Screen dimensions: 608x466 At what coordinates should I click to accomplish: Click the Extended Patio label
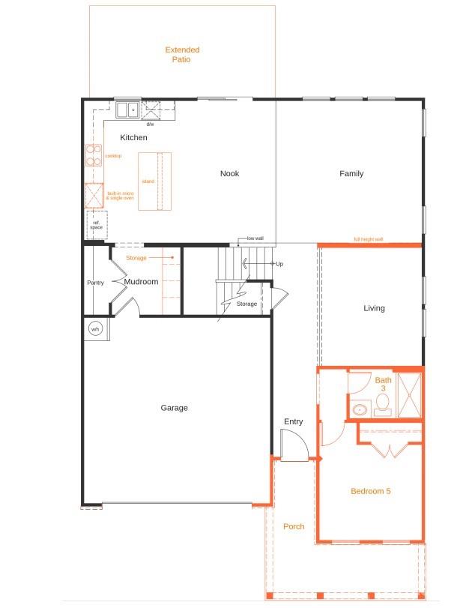pos(182,55)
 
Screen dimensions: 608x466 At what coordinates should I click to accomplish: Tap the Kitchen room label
pos(133,138)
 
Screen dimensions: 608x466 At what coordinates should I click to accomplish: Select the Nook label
pos(229,174)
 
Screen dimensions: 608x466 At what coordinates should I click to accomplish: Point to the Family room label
pos(351,174)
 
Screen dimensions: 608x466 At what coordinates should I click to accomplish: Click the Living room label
pos(374,308)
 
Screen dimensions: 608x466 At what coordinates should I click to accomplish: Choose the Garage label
pos(174,408)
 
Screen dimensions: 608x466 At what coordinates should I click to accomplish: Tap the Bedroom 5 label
pos(371,492)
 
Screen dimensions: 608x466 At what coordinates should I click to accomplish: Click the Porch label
pos(294,526)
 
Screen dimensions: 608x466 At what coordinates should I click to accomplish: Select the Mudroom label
pos(141,283)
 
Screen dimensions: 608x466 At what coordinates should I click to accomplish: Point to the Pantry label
pos(95,283)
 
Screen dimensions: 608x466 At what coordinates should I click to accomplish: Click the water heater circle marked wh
pos(95,329)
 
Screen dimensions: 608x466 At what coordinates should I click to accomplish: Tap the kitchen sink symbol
pos(127,110)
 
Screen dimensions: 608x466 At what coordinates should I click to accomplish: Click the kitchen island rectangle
pos(154,181)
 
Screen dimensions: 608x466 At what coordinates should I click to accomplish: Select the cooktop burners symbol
pos(94,155)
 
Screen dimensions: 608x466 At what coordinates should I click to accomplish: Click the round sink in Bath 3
pos(360,410)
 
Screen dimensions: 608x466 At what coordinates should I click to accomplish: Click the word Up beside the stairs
pos(279,264)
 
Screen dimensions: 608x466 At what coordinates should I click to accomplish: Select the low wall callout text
pos(255,238)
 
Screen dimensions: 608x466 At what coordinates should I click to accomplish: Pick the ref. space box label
pos(96,224)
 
